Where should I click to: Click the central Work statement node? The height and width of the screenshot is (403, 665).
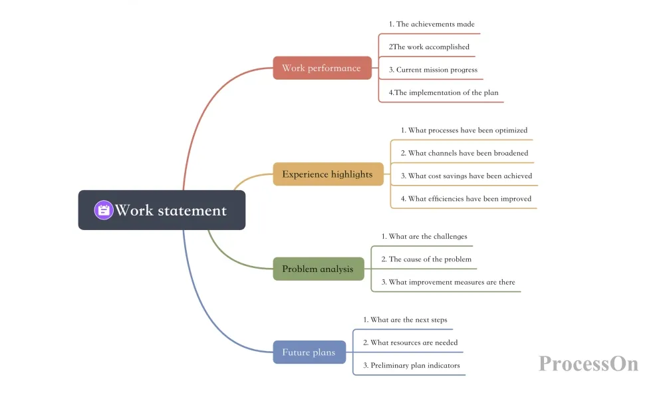click(162, 210)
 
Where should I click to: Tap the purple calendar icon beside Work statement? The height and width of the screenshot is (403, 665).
click(104, 210)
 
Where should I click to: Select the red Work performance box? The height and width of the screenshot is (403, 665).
click(323, 68)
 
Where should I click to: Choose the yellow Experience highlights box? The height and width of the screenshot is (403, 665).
click(329, 174)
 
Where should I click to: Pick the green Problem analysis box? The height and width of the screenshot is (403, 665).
click(319, 269)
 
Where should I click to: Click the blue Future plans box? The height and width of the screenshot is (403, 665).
click(309, 352)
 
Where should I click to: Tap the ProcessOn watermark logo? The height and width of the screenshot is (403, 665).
click(589, 364)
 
